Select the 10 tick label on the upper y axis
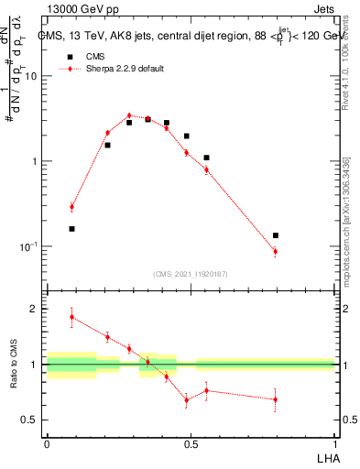point(31,77)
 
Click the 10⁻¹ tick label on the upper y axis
point(29,247)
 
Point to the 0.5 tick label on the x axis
point(191,442)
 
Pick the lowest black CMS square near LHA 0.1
point(72,229)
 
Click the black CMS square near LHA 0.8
point(275,235)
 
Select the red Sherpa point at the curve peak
point(129,116)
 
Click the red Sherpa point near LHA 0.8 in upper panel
point(275,251)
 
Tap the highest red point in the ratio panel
point(72,317)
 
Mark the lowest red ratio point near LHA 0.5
point(186,400)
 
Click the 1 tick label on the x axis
point(334,442)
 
